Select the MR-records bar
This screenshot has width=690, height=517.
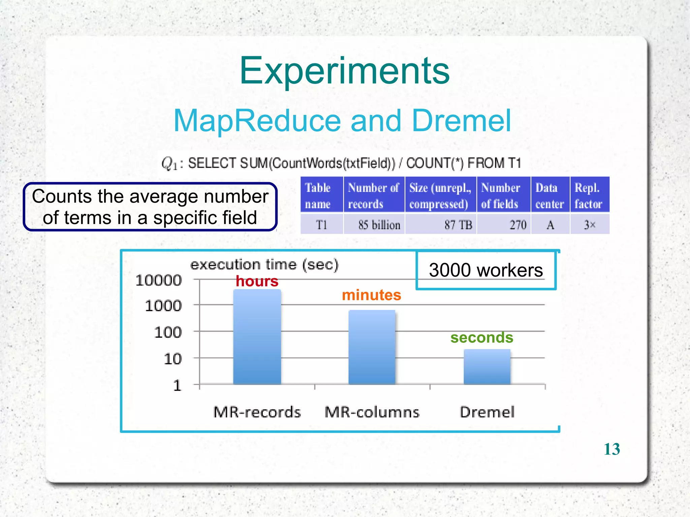pyautogui.click(x=257, y=337)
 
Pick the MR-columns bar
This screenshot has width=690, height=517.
pyautogui.click(x=372, y=347)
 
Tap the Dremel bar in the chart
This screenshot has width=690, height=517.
pyautogui.click(x=487, y=367)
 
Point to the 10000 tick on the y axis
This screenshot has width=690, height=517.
pyautogui.click(x=158, y=280)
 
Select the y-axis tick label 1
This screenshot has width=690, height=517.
pyautogui.click(x=177, y=385)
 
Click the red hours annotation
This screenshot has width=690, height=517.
pyautogui.click(x=257, y=281)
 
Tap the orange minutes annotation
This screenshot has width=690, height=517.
pyautogui.click(x=371, y=295)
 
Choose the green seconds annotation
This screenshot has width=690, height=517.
pyautogui.click(x=481, y=337)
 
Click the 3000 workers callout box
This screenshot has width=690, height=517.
pyautogui.click(x=485, y=270)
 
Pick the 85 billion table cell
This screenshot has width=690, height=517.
pyautogui.click(x=379, y=225)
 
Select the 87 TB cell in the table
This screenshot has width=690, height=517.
pyautogui.click(x=458, y=225)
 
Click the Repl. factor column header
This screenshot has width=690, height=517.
pyautogui.click(x=589, y=195)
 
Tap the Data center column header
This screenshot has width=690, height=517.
pyautogui.click(x=550, y=195)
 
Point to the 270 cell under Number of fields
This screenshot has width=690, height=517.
pyautogui.click(x=517, y=225)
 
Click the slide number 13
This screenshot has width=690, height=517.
pyautogui.click(x=611, y=449)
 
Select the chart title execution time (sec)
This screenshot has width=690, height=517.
pyautogui.click(x=264, y=265)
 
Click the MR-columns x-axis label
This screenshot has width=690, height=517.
pyautogui.click(x=372, y=412)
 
